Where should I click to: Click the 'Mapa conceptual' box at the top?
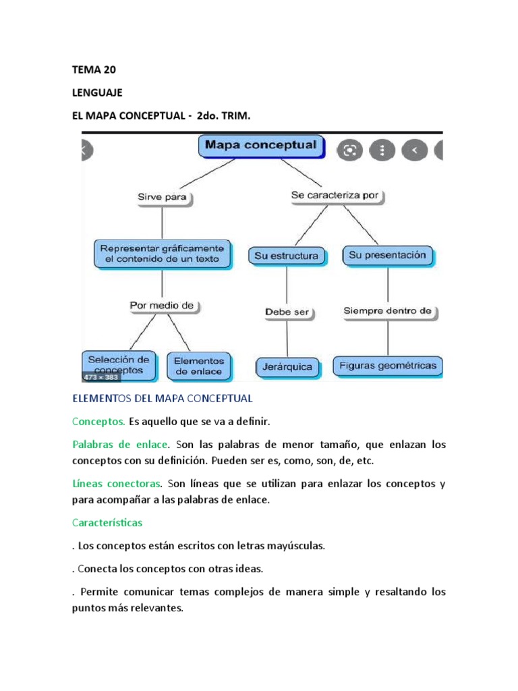point(261,145)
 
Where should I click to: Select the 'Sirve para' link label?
point(162,198)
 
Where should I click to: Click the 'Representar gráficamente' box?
point(162,254)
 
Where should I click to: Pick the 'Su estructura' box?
point(287,256)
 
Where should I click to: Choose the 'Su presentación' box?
point(387,256)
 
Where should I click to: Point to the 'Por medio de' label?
point(162,306)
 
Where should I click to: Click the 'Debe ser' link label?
point(287,312)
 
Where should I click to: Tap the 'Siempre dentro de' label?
point(387,311)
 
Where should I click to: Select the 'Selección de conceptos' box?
point(119,365)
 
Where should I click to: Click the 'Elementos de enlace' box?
point(199,366)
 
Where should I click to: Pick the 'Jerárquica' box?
point(287,367)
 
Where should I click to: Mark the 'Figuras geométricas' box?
point(388,366)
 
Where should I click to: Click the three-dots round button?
point(382,150)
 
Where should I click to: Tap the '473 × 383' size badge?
point(100,377)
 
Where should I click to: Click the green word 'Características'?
point(107,523)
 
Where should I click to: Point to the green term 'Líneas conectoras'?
point(117,484)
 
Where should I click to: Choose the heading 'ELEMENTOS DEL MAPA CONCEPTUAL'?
point(163,398)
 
